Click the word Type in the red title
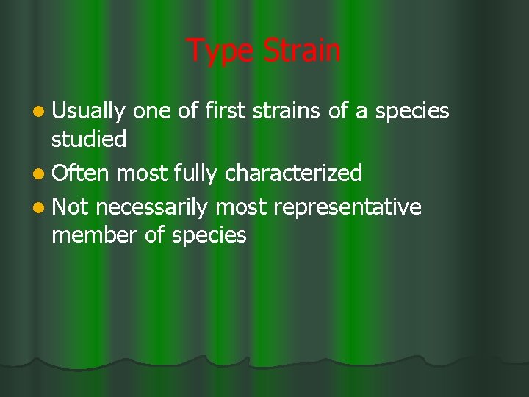[x=219, y=51]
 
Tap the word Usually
[x=89, y=112]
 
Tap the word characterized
[x=294, y=174]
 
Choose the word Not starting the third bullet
[x=71, y=208]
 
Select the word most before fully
[x=141, y=174]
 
